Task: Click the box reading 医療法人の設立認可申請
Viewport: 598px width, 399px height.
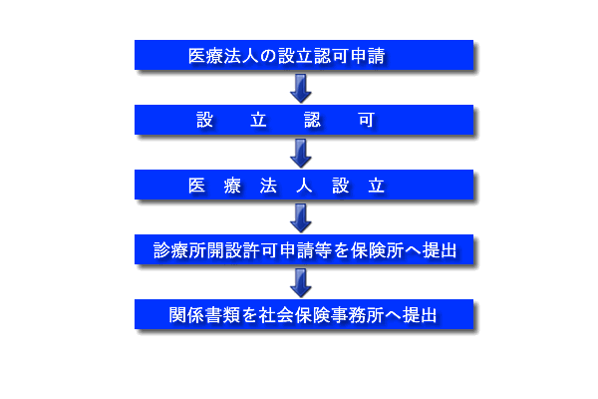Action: [304, 55]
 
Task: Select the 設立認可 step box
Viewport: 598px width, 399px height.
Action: [304, 120]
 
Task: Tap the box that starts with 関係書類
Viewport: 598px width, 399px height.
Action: [304, 314]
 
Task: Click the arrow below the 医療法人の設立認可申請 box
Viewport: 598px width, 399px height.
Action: [301, 88]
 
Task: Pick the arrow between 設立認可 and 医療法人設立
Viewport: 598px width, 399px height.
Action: [301, 153]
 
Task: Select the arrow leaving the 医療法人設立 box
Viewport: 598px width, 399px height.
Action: [301, 218]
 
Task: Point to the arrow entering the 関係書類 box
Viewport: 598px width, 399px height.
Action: [301, 283]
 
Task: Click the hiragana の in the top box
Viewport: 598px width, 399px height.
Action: [268, 56]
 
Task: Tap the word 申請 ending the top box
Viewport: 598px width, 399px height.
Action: [368, 56]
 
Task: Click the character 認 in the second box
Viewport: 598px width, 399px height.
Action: [312, 121]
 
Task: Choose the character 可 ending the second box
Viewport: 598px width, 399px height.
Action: [366, 121]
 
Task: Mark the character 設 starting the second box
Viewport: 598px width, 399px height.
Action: [204, 121]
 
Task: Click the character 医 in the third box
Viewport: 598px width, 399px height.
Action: [196, 186]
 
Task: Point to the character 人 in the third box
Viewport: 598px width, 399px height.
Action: [304, 186]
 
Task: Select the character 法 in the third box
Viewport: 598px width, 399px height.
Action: [268, 186]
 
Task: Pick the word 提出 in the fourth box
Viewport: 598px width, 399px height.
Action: [440, 250]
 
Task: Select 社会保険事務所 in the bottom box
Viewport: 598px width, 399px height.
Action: [321, 316]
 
